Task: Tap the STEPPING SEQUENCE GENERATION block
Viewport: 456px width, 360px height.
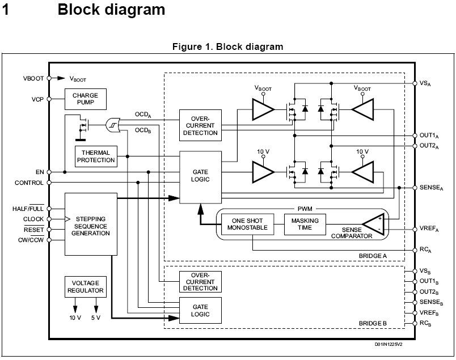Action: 91,226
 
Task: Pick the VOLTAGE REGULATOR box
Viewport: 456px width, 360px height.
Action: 85,287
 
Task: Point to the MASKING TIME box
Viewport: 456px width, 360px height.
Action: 305,224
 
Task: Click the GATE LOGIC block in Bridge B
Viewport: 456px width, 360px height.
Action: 200,310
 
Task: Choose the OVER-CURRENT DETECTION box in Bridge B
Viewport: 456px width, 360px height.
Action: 200,281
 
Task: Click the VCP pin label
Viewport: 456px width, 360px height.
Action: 38,99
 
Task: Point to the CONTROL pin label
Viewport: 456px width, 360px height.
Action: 29,183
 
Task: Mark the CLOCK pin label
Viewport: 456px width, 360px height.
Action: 33,219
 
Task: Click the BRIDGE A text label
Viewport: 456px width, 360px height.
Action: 373,256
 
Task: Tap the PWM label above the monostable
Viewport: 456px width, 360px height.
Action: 305,208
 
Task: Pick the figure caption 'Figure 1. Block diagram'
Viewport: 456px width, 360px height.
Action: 227,47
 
